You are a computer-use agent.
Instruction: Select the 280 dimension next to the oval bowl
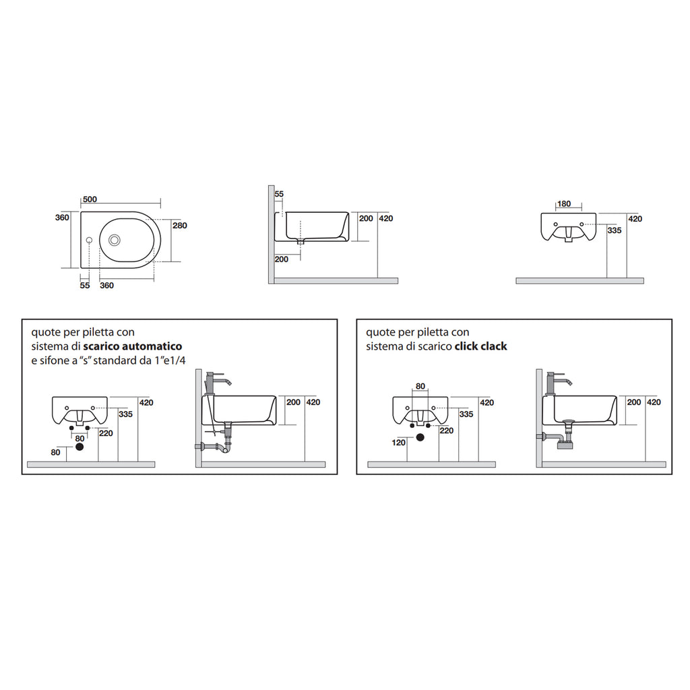tap(180, 225)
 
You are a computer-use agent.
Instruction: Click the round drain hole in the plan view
tap(114, 239)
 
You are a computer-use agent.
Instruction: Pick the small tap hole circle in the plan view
tap(88, 240)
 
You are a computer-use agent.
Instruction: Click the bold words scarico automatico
tap(132, 346)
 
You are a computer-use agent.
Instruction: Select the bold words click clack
tap(480, 346)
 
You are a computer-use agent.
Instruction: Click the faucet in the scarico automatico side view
tap(217, 381)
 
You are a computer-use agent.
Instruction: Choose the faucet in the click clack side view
tap(558, 381)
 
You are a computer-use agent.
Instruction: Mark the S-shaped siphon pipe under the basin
tap(220, 445)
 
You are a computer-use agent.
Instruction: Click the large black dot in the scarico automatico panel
tap(80, 446)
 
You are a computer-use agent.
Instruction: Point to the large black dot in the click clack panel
tap(420, 437)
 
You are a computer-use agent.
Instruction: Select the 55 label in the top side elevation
tap(279, 194)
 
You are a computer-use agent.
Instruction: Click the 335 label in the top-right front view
tap(614, 230)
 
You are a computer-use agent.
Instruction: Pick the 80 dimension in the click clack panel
tap(420, 386)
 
